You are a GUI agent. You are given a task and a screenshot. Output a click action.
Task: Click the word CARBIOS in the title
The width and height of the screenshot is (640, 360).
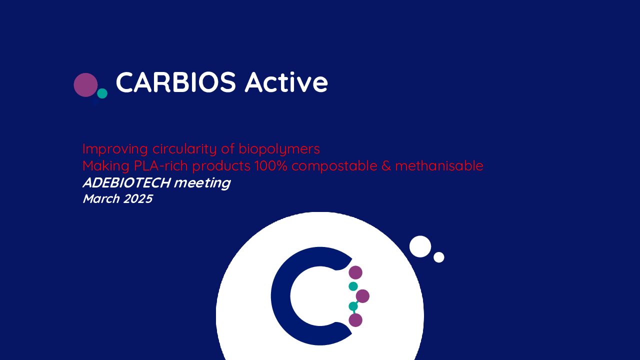point(175,82)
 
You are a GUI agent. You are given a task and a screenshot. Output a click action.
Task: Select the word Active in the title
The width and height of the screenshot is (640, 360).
point(286,82)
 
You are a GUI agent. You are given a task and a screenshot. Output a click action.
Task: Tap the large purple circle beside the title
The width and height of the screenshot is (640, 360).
point(85,85)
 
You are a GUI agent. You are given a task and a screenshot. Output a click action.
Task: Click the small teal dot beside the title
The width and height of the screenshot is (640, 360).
point(102,93)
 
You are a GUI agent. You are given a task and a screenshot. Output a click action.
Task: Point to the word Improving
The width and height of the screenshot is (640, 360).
point(115,149)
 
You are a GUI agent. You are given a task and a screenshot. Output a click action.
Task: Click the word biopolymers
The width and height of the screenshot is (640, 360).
point(279,149)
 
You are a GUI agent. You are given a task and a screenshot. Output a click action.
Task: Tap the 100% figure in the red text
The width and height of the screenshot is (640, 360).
point(271,165)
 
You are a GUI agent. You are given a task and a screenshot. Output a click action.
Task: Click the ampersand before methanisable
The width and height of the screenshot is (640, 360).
point(386,166)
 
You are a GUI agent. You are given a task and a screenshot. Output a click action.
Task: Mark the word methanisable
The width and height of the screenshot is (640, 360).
point(439,165)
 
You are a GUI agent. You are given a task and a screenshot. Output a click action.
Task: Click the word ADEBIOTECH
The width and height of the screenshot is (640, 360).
point(127,183)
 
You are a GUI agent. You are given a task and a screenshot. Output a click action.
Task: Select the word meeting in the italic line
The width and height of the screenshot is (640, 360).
point(202,183)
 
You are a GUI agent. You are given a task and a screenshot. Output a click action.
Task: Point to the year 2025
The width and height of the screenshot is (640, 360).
point(138,199)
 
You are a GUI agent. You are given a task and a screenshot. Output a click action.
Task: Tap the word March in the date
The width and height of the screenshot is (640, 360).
point(101,199)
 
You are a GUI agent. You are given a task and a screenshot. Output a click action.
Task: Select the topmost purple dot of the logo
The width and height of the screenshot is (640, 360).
point(355,272)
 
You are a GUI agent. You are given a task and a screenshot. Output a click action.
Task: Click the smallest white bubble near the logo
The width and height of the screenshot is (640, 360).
point(439,257)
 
